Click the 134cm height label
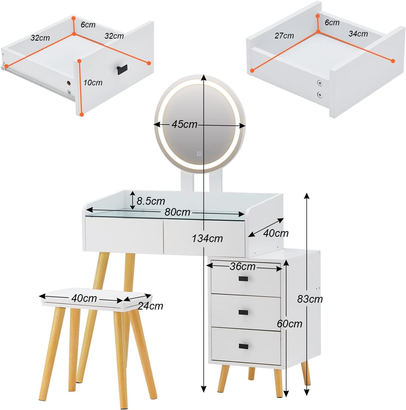tap(207, 238)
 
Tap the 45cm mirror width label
tap(184, 124)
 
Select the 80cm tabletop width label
tap(177, 212)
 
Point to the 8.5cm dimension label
tap(151, 201)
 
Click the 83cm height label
tap(310, 299)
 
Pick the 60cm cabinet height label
tap(289, 324)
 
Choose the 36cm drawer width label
tap(242, 266)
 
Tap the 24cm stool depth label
tap(150, 306)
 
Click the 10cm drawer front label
tap(93, 83)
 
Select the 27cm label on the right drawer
tap(284, 36)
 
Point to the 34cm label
tap(358, 34)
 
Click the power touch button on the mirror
tap(199, 154)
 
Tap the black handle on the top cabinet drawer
tap(243, 279)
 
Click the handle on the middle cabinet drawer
tap(243, 312)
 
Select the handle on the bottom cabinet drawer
tap(243, 346)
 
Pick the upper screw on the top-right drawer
tap(319, 83)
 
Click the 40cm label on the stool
tap(84, 298)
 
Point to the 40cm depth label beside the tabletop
tap(276, 233)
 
